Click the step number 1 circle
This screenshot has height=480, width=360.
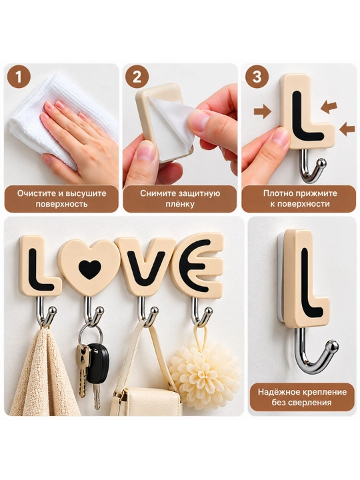(19, 77)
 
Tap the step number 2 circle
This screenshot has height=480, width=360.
(137, 77)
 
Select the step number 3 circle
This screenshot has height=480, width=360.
(257, 77)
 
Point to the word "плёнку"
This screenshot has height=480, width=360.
(180, 204)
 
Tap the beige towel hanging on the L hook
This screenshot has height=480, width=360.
(45, 371)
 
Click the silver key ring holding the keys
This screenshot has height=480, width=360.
(91, 335)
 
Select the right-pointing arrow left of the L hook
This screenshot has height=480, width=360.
(263, 111)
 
